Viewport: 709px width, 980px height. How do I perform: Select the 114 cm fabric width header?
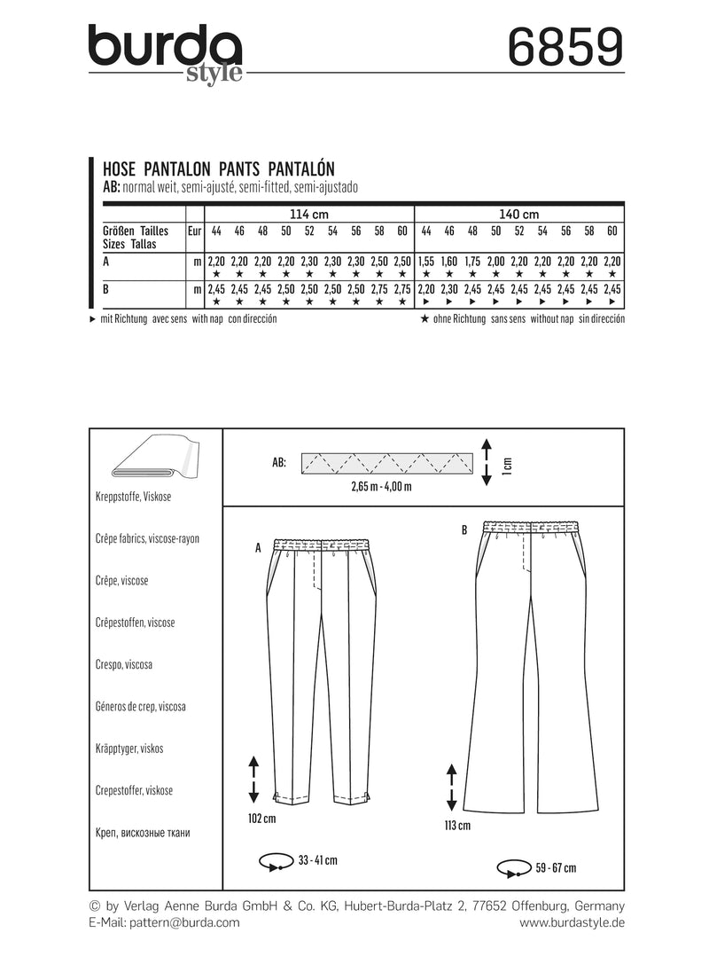(x=308, y=214)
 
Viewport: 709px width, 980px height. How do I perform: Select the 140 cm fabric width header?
(x=519, y=214)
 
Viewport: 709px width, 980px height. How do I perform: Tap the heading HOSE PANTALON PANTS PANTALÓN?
(x=220, y=166)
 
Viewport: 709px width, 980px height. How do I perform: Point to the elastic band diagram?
(x=387, y=463)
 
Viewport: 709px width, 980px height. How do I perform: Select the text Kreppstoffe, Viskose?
(x=132, y=497)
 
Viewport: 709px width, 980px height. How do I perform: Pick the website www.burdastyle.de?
(x=572, y=922)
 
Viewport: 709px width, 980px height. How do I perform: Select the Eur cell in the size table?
(x=194, y=231)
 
